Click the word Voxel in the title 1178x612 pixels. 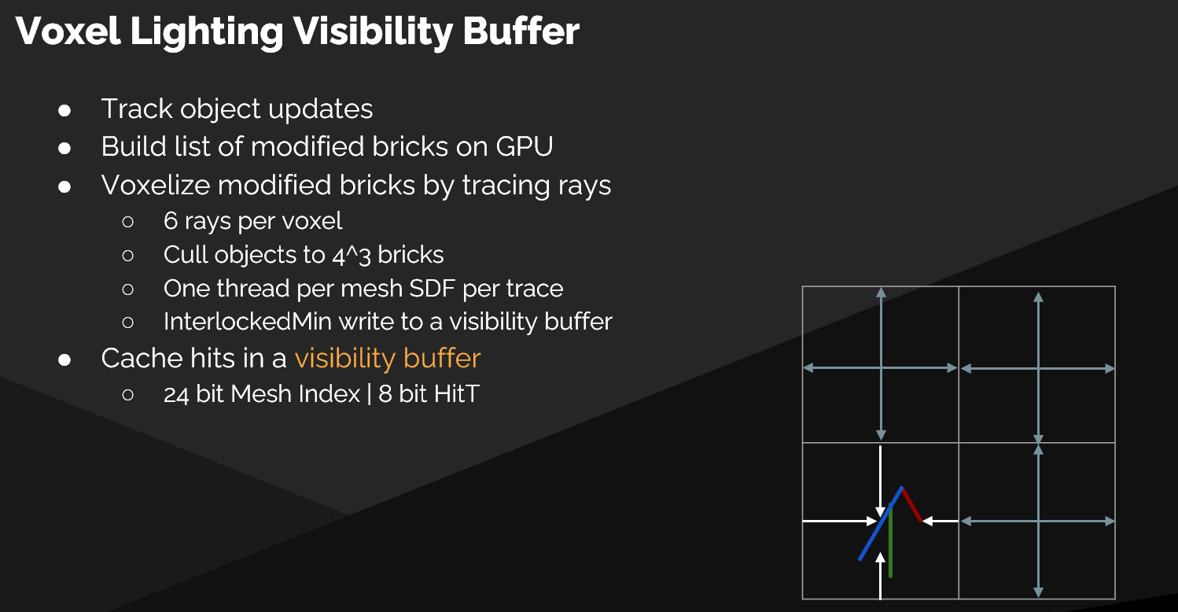point(68,31)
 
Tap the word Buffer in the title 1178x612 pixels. point(521,31)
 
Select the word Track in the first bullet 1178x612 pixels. point(137,109)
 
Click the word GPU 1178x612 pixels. point(525,146)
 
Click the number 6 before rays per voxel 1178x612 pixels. point(170,221)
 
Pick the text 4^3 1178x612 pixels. point(352,255)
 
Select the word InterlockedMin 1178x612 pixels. point(248,322)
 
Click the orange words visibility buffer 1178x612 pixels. point(388,359)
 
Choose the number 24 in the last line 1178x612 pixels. point(176,394)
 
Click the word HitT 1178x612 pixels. point(455,394)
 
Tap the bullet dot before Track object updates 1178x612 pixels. point(64,110)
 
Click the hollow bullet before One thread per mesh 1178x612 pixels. point(128,289)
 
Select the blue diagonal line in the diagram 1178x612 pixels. point(880,524)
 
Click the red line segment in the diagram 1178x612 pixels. point(911,505)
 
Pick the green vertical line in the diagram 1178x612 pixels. point(890,541)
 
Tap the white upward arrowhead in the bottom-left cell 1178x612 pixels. point(880,558)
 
